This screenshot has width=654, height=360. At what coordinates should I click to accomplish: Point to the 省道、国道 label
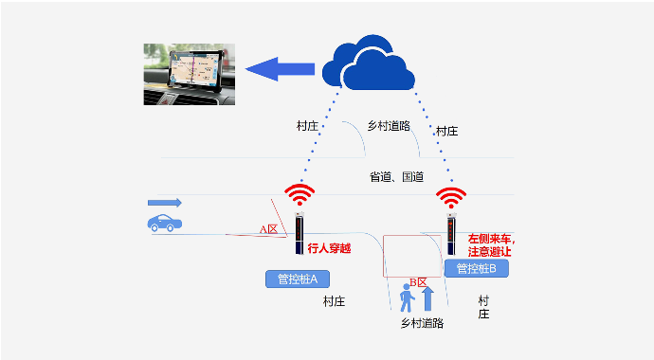[395, 177]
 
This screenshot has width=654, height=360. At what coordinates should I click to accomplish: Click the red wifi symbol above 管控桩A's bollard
[300, 196]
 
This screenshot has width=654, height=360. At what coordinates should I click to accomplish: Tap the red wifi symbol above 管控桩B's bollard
[450, 197]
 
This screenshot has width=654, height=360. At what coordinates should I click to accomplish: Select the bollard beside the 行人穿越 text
[300, 236]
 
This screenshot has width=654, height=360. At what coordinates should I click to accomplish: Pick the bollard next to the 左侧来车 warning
[451, 237]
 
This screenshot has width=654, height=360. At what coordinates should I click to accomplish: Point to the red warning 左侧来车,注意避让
[490, 244]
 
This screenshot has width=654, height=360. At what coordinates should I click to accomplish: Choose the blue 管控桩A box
[297, 279]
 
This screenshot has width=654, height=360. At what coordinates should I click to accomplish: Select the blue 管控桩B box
[476, 268]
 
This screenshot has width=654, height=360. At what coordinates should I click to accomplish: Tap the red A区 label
[268, 229]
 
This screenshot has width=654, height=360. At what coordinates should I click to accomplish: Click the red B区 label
[418, 282]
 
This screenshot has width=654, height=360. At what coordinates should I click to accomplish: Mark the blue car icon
[165, 224]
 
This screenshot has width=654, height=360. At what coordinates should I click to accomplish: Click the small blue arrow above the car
[164, 203]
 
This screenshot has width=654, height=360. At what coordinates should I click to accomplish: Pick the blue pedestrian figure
[408, 297]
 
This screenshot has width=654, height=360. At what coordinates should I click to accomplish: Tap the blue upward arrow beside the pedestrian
[427, 298]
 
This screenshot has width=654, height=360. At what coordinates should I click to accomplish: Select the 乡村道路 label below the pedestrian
[422, 323]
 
